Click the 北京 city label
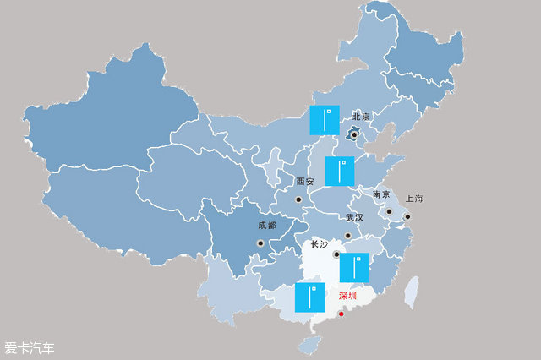[x=362, y=116]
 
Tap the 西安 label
[x=304, y=182]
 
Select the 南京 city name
[x=381, y=194]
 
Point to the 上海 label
[x=413, y=199]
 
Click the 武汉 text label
[x=354, y=217]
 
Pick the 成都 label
[x=267, y=226]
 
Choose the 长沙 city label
[x=319, y=243]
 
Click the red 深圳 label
[x=347, y=297]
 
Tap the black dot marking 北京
[x=354, y=134]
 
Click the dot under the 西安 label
[x=298, y=199]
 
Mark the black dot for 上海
[x=407, y=216]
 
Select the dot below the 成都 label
[x=260, y=244]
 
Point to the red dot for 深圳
[x=341, y=314]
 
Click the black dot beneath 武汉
[x=347, y=236]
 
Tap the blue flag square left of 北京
[x=324, y=120]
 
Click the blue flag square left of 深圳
[x=310, y=297]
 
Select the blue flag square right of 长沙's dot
[x=354, y=268]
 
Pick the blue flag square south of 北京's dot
[x=339, y=172]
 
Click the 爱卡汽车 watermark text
[x=29, y=347]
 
